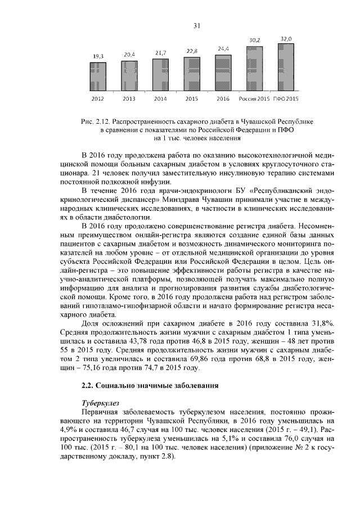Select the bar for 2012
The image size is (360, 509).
point(98,75)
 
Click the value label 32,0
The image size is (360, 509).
point(286,39)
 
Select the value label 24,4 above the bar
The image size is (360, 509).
point(223,49)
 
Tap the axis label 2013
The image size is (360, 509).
point(129,99)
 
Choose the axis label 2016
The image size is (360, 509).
point(223,99)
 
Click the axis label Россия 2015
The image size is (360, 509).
point(254,99)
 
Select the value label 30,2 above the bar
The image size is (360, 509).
point(254,40)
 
